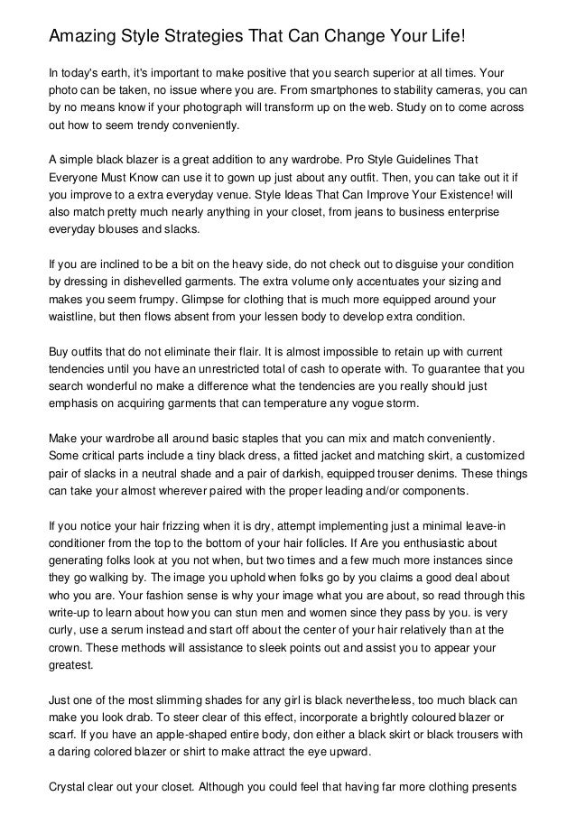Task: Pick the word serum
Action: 126,628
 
